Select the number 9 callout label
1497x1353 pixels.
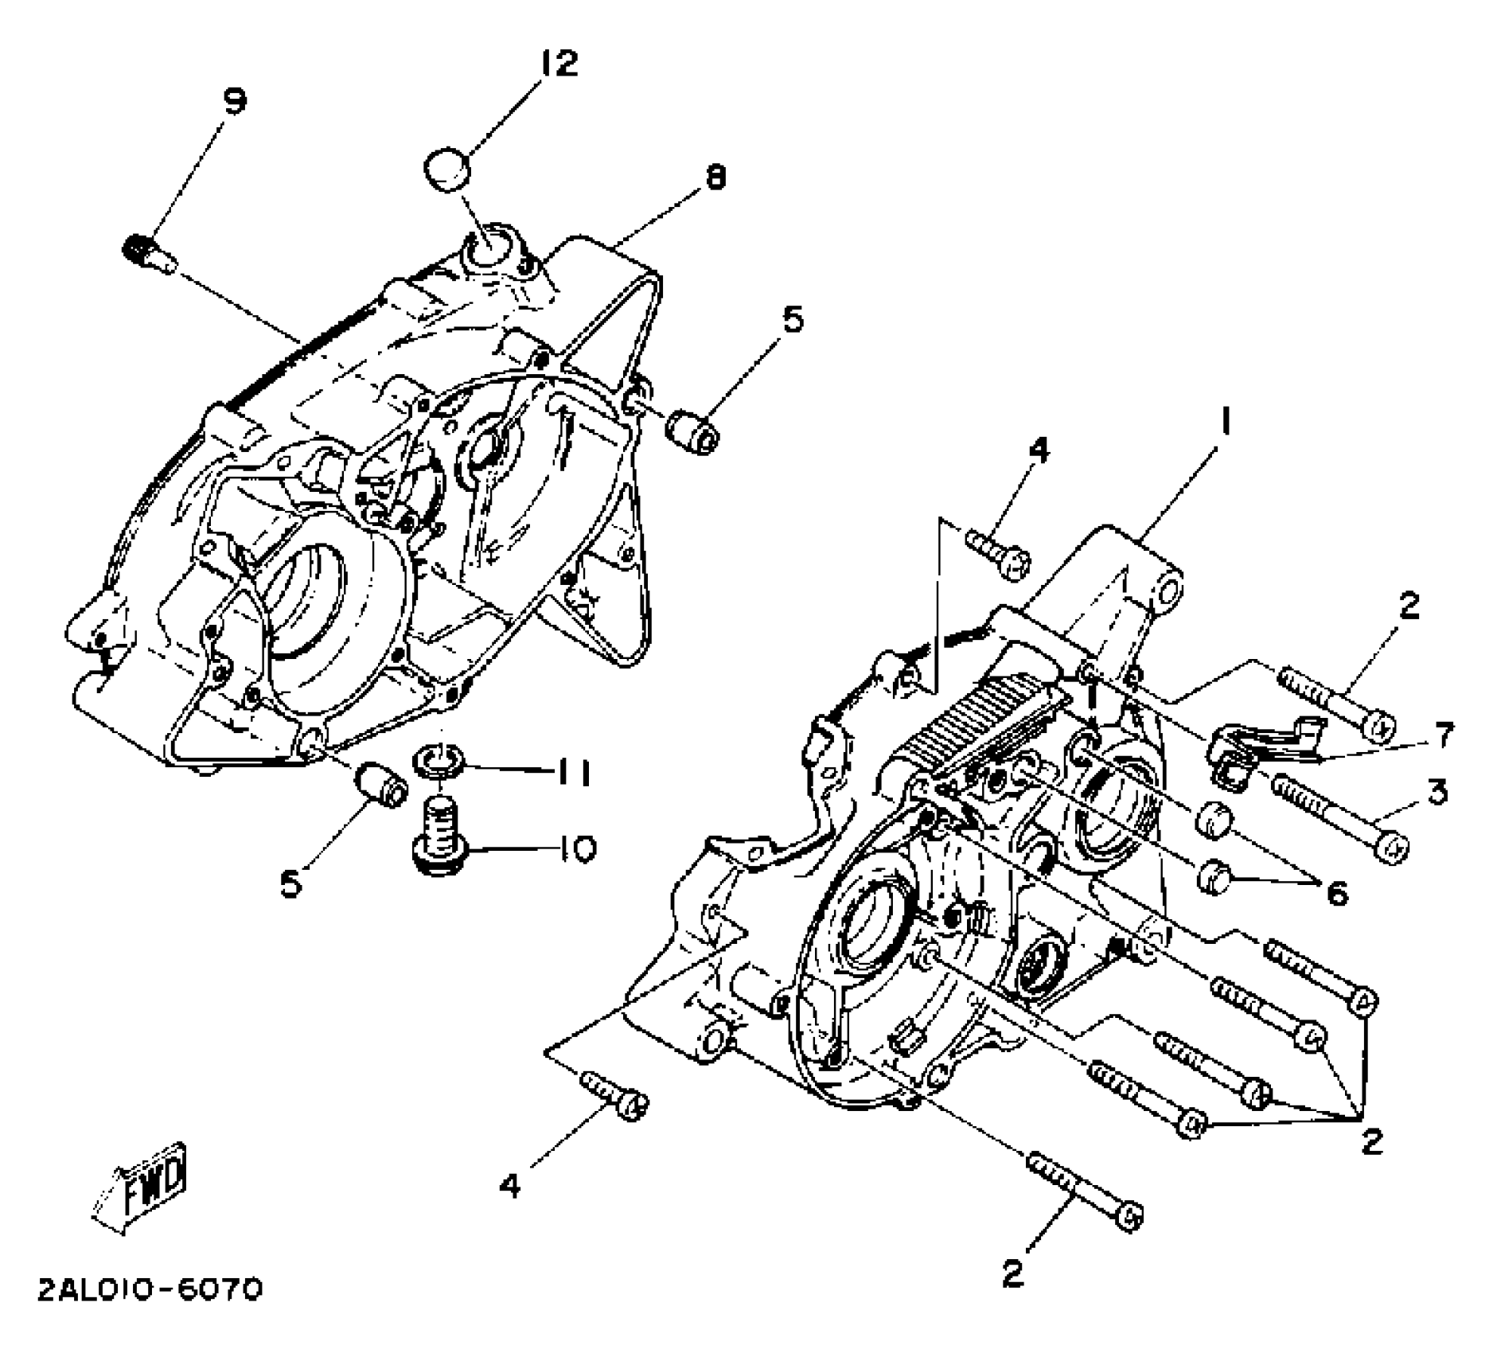click(x=233, y=101)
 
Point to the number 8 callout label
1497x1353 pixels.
click(x=715, y=177)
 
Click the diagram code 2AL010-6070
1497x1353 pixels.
click(x=150, y=1290)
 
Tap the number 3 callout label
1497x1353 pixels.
click(x=1437, y=792)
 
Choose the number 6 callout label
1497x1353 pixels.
click(x=1337, y=894)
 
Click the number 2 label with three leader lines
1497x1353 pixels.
click(x=1371, y=1141)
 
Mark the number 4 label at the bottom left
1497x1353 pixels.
click(x=510, y=1186)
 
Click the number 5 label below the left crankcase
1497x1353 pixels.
click(x=292, y=883)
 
